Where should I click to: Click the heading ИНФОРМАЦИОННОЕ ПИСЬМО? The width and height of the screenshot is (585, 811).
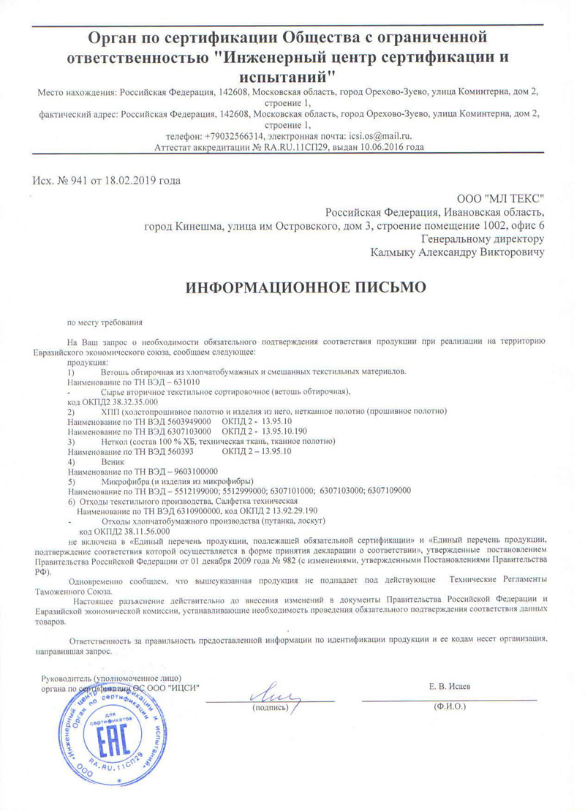point(305,288)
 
